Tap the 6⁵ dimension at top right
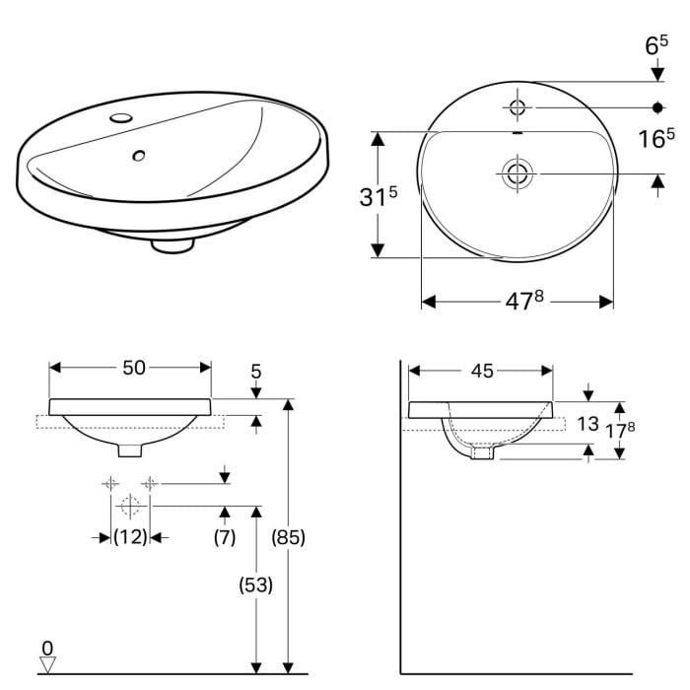(x=657, y=45)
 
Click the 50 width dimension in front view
(x=133, y=368)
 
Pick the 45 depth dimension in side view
(x=481, y=371)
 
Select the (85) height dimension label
(x=288, y=538)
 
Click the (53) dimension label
(x=255, y=584)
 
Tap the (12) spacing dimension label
(x=129, y=537)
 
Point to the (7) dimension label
(x=226, y=537)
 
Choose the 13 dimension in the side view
(x=587, y=424)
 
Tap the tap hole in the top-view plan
(x=517, y=104)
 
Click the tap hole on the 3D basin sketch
(x=121, y=118)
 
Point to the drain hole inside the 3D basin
(x=139, y=155)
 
